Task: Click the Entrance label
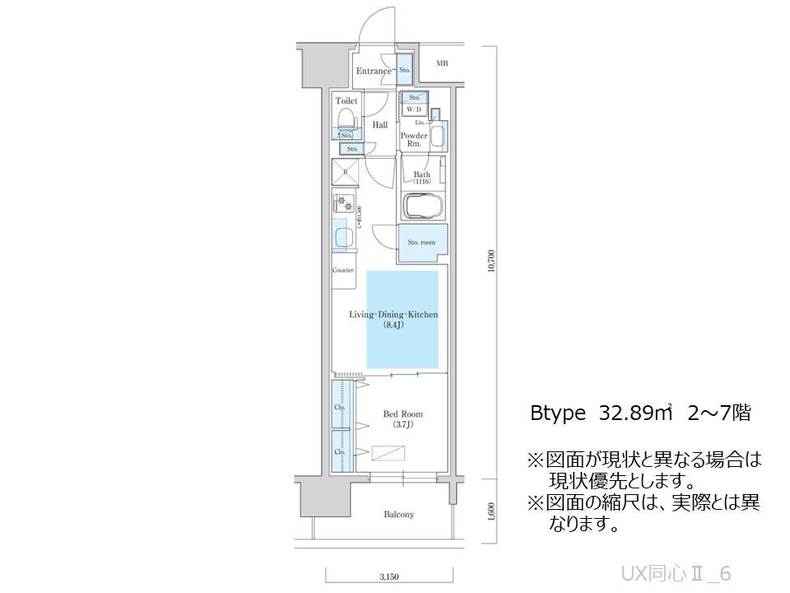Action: [x=374, y=71]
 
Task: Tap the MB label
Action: [x=442, y=63]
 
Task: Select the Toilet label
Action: [x=346, y=100]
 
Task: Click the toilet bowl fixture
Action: [x=346, y=119]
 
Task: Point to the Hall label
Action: [x=379, y=125]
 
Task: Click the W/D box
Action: [x=413, y=109]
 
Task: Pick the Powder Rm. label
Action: [x=413, y=138]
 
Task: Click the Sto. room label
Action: [x=422, y=242]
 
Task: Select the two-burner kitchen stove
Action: [x=346, y=204]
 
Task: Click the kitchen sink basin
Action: [x=344, y=237]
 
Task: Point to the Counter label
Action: [x=343, y=270]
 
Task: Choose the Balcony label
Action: [x=398, y=515]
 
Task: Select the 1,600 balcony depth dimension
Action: [x=491, y=511]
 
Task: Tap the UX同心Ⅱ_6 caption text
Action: [x=676, y=573]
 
